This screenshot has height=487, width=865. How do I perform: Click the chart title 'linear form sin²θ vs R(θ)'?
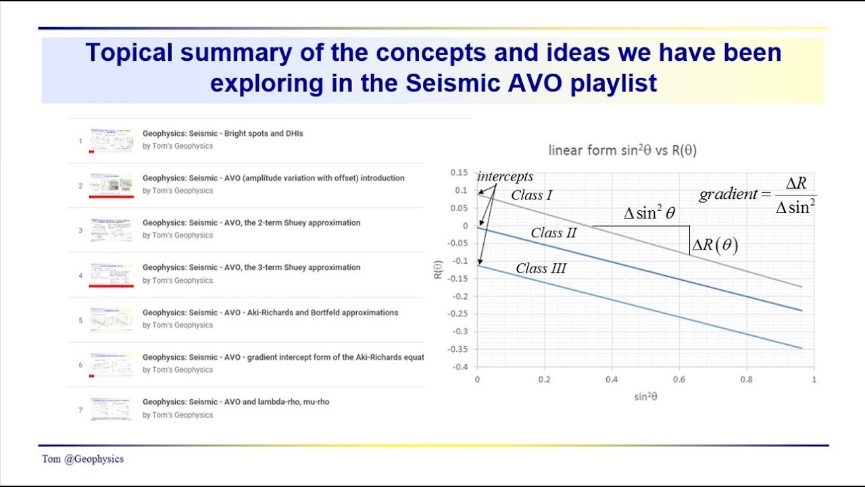[x=622, y=150]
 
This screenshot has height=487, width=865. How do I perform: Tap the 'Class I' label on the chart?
[x=531, y=195]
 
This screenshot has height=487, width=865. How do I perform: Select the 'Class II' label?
[x=553, y=233]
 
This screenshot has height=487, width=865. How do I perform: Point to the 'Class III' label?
[x=541, y=269]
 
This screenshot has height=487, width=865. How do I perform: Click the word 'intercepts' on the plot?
[x=505, y=177]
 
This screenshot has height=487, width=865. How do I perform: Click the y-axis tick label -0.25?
[x=459, y=314]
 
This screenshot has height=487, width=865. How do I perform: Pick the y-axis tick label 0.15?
[x=459, y=172]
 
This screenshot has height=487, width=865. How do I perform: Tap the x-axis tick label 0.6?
[x=679, y=380]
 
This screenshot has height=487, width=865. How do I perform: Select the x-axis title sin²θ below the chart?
[x=645, y=397]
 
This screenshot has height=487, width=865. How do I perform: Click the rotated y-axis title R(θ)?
[x=438, y=269]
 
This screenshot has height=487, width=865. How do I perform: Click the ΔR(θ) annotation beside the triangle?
[x=714, y=246]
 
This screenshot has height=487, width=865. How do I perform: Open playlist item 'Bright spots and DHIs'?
[x=222, y=133]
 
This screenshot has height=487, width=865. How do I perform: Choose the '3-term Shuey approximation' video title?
[x=251, y=267]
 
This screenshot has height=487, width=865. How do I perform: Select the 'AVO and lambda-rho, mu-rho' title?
[x=236, y=402]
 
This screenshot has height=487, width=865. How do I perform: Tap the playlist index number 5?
[x=80, y=320]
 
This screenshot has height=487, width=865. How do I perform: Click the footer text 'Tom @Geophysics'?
[x=82, y=459]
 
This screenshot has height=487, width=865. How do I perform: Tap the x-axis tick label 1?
[x=814, y=380]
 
